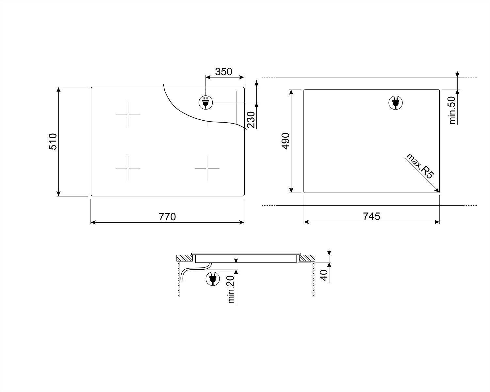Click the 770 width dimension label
pyautogui.click(x=167, y=217)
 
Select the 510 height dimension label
pyautogui.click(x=53, y=142)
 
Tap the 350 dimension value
pyautogui.click(x=223, y=72)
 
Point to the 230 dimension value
pyautogui.click(x=251, y=120)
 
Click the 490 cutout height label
pyautogui.click(x=286, y=141)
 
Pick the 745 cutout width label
pyautogui.click(x=371, y=216)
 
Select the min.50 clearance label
pyautogui.click(x=452, y=110)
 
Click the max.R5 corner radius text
pyautogui.click(x=420, y=166)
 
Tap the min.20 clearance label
pyautogui.click(x=231, y=289)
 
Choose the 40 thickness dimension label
pyautogui.click(x=324, y=275)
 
